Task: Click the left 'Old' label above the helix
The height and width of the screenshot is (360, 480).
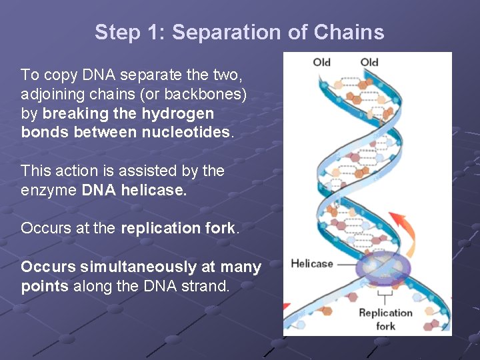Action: (321, 63)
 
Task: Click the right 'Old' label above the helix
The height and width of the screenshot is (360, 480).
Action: (369, 63)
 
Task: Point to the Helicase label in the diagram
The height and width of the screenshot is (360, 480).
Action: (311, 263)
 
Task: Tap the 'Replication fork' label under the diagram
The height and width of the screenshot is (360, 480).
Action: (386, 319)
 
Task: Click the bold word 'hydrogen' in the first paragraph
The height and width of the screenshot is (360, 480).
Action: (177, 113)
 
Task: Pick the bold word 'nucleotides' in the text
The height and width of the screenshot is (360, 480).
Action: (185, 132)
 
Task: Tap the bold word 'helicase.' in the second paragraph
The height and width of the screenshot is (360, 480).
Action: (153, 190)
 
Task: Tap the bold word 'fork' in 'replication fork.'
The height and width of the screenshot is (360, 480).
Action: (220, 228)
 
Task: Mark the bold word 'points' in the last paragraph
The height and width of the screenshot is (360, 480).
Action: (45, 286)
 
